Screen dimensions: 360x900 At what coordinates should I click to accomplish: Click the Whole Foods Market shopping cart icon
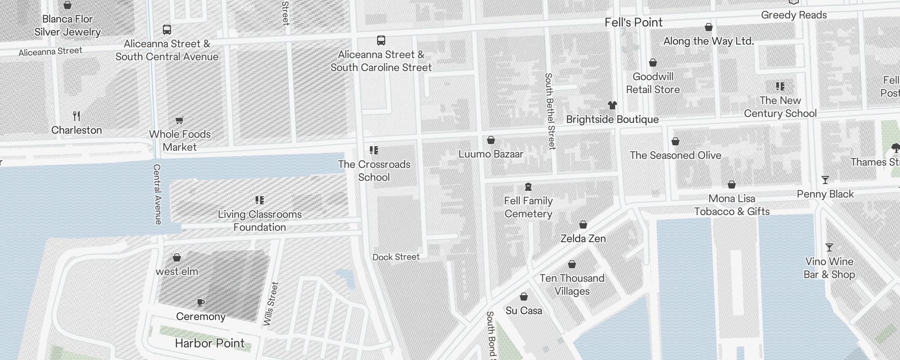tap(180, 120)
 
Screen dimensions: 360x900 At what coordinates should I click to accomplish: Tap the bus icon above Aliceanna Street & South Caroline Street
tap(381, 40)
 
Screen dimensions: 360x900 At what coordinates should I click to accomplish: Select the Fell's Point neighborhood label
tap(633, 22)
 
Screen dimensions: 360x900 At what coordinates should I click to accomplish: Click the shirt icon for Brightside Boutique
tap(612, 105)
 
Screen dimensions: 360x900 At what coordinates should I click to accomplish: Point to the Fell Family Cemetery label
tap(528, 207)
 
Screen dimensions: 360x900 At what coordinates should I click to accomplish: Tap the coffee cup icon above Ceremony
tap(201, 302)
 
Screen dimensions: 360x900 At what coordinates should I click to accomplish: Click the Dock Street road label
tap(396, 257)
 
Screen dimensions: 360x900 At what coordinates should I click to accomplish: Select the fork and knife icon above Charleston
tap(76, 117)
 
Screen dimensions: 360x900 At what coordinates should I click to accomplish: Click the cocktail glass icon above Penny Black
tap(825, 180)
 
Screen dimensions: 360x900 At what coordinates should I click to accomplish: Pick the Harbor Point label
tap(210, 343)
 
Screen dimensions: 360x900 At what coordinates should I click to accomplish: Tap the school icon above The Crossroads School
tap(374, 150)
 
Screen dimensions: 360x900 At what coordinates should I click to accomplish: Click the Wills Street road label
tap(271, 304)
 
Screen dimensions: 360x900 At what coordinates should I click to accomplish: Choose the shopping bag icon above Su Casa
tap(523, 297)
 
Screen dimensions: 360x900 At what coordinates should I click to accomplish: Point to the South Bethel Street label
tap(550, 111)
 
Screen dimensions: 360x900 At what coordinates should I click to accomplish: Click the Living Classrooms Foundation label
tap(260, 220)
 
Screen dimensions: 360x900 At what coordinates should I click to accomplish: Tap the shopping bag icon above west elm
tap(177, 257)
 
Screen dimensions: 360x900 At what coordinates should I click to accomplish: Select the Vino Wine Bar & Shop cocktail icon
tap(829, 247)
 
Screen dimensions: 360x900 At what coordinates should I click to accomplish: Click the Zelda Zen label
tap(583, 238)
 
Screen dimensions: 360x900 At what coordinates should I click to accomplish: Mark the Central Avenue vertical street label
tap(157, 194)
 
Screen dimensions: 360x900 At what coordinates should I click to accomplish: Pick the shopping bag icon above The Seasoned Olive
tap(675, 141)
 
